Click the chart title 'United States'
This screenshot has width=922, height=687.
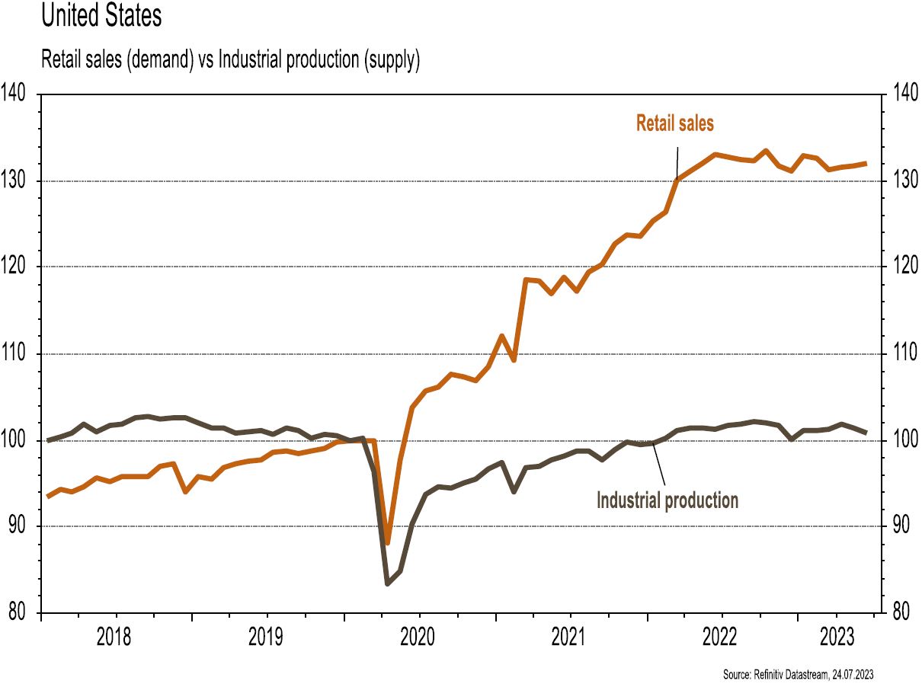point(101,17)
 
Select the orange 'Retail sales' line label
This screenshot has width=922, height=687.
point(674,123)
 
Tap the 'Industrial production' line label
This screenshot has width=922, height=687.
point(667,500)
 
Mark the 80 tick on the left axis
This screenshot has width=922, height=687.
point(17,612)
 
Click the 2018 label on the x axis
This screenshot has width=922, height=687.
point(114,637)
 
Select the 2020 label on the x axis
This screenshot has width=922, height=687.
point(418,637)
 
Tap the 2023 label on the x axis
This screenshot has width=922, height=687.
point(837,637)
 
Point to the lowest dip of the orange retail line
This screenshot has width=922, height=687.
point(387,543)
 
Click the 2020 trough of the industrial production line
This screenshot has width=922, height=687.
point(387,583)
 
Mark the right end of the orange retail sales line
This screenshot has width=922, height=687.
point(865,163)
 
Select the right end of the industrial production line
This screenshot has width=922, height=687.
point(865,433)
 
